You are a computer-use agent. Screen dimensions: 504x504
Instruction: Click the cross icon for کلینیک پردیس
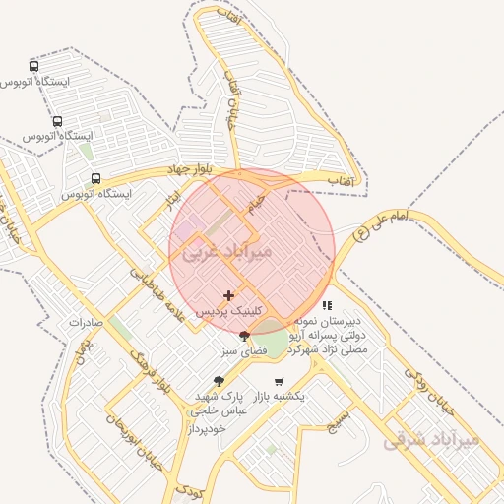[229, 295]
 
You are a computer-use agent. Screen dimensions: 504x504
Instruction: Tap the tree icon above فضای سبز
[244, 337]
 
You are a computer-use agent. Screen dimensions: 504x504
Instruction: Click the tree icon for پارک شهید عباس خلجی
[219, 381]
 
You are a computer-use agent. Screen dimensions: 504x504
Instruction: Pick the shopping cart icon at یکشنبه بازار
[279, 382]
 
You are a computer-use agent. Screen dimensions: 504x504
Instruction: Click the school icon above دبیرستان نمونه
[327, 306]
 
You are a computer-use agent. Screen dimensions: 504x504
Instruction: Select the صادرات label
[87, 322]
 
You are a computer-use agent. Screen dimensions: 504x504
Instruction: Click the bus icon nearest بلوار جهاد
[95, 179]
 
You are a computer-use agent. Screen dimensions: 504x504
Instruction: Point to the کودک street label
[189, 490]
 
